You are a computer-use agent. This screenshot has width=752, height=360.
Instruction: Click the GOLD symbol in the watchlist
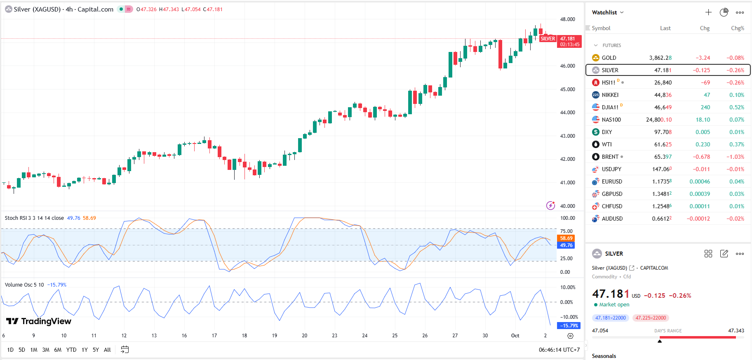click(x=609, y=58)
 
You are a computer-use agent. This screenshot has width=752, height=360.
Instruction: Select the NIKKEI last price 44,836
click(x=663, y=95)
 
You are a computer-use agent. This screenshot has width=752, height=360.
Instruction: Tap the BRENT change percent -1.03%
click(x=735, y=157)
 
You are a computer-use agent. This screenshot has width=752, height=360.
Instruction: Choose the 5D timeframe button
click(x=22, y=350)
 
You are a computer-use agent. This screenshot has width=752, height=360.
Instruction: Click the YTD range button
click(x=71, y=350)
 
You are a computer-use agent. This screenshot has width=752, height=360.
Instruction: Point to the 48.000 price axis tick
click(x=567, y=19)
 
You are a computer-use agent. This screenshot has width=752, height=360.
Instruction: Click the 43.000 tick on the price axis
click(x=567, y=136)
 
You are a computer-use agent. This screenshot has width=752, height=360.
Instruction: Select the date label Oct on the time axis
click(x=515, y=336)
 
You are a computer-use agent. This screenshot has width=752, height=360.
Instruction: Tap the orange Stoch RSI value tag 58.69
click(x=566, y=238)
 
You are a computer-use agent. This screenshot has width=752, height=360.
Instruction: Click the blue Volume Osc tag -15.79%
click(x=569, y=326)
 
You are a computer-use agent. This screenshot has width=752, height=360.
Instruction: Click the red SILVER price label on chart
click(x=548, y=39)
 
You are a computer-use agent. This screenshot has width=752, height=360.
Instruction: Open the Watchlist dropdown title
click(x=607, y=12)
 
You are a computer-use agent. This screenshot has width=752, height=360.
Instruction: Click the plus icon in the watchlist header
click(x=708, y=12)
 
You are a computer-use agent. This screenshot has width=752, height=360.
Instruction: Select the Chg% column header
click(x=737, y=28)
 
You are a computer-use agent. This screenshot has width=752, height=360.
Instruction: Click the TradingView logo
click(x=39, y=321)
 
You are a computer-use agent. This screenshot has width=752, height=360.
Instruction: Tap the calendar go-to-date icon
click(x=125, y=350)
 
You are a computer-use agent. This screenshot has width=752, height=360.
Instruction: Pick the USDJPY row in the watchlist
click(x=611, y=169)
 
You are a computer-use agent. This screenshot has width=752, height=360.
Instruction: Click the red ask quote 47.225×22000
click(x=651, y=318)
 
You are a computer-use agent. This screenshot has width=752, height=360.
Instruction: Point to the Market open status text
click(x=614, y=305)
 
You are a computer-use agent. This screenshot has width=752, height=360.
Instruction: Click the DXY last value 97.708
click(x=663, y=132)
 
